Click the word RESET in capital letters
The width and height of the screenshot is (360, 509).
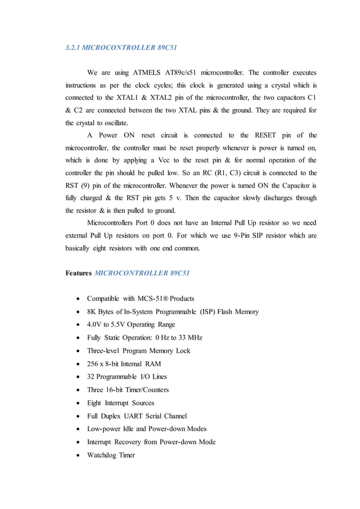click(x=253, y=135)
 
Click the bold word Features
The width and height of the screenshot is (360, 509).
click(x=78, y=273)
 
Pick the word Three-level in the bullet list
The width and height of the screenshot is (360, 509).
click(x=107, y=350)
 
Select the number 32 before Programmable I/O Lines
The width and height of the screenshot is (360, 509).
click(x=91, y=376)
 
